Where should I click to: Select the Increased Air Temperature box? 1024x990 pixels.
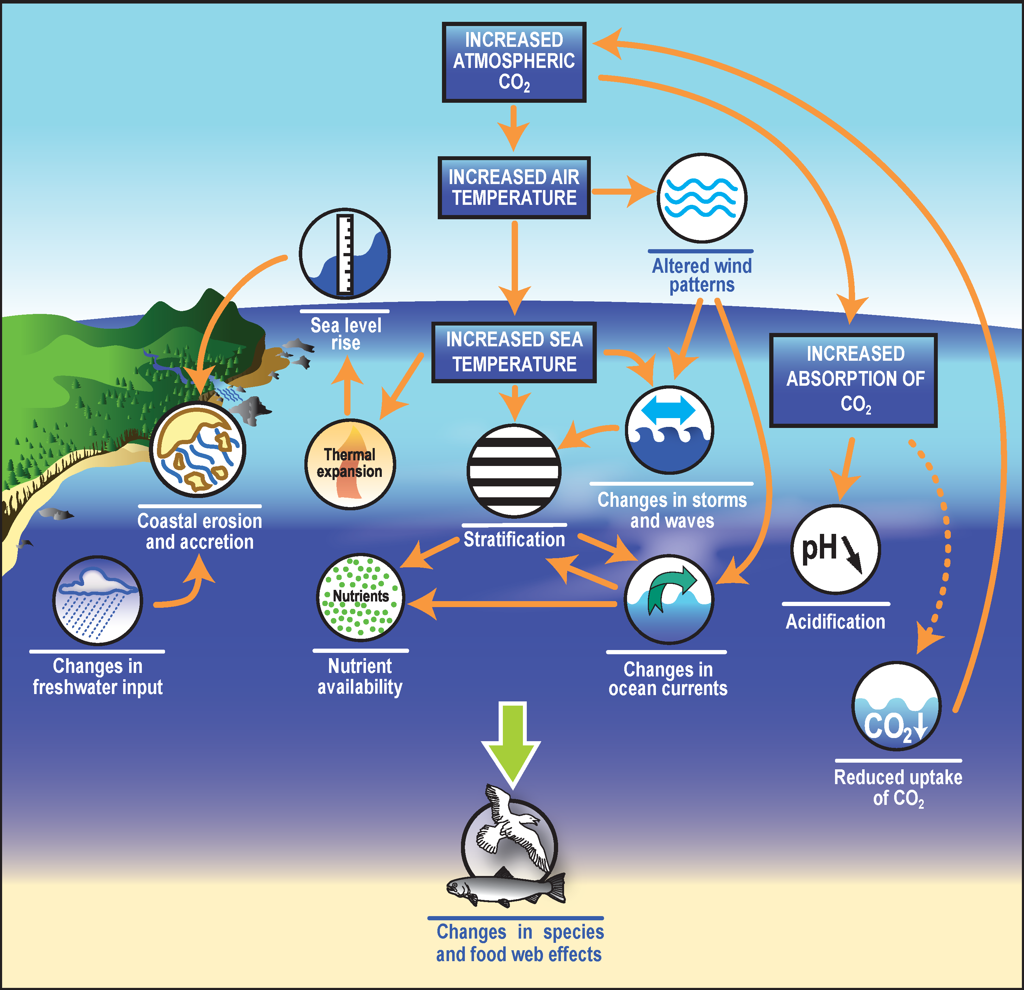point(514,188)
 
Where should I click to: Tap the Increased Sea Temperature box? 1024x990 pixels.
point(514,352)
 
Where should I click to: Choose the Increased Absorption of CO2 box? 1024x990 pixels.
point(853,380)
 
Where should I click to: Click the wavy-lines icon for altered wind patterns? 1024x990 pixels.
point(702,198)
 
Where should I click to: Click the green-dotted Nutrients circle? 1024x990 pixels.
point(360,597)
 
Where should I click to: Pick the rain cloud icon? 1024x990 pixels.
point(98,600)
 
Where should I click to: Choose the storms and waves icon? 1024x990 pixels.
point(670,429)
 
